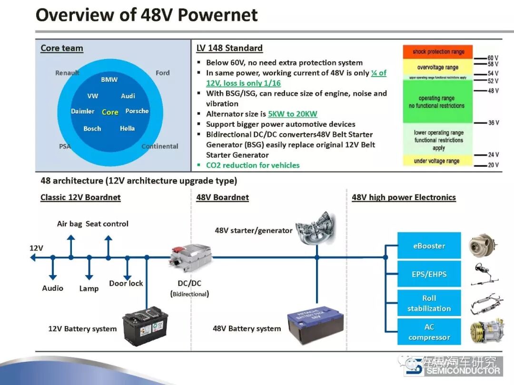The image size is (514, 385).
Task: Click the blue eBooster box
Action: [x=429, y=246]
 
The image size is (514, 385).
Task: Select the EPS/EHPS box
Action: [x=429, y=274]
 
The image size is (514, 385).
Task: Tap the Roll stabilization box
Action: [x=429, y=303]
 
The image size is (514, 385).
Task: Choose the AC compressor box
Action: [x=429, y=332]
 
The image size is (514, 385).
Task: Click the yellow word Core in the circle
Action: [x=110, y=112]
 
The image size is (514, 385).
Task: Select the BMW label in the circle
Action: [x=109, y=79]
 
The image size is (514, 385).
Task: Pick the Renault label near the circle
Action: [x=67, y=73]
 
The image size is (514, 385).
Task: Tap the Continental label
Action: [x=160, y=146]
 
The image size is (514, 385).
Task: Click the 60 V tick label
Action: [x=493, y=58]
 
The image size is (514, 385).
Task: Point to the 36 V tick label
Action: [x=494, y=123]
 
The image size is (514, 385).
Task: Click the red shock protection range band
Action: [x=438, y=52]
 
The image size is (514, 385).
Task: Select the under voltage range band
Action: [x=436, y=161]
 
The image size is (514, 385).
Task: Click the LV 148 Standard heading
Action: [x=229, y=48]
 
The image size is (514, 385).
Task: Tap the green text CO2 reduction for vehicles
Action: [x=253, y=165]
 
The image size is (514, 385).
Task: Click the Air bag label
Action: [x=69, y=223]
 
